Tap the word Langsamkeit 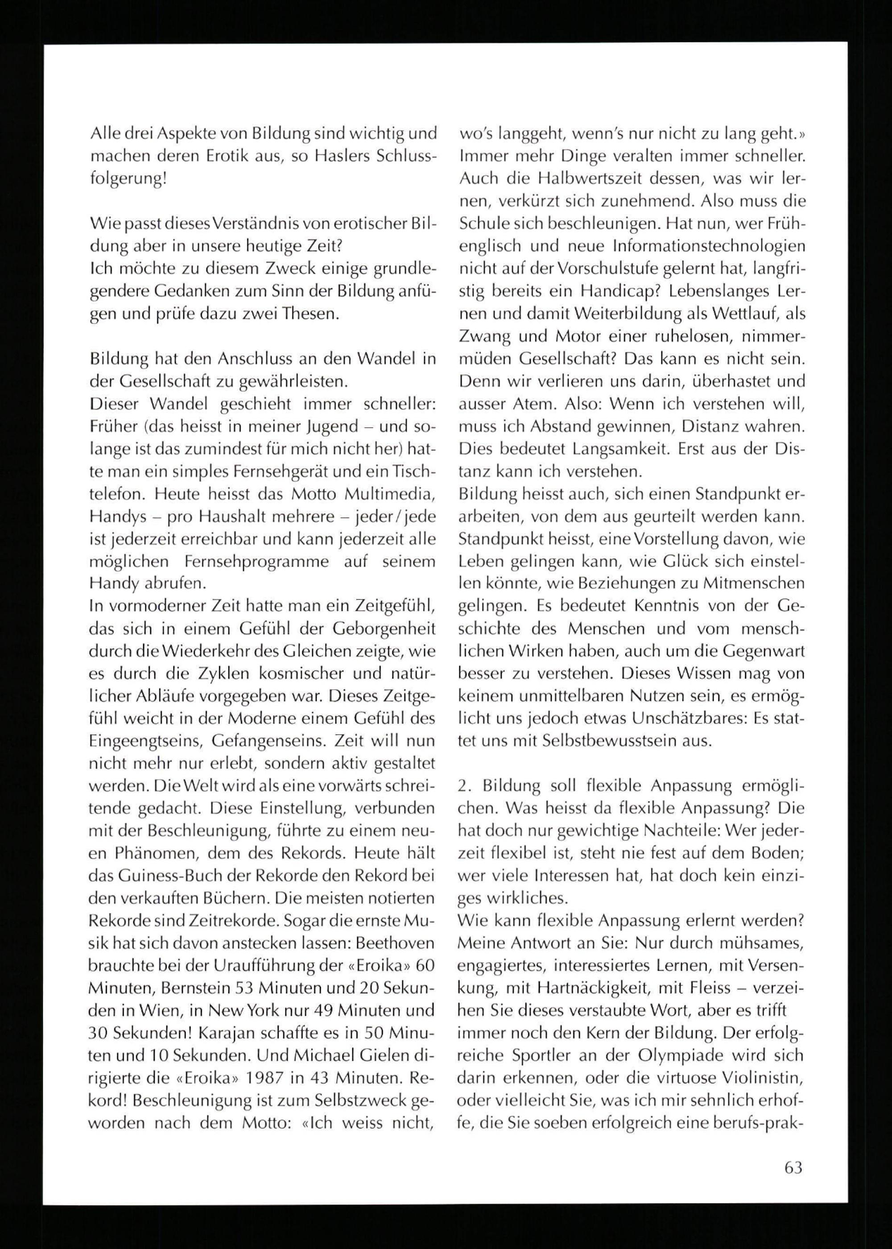coord(619,449)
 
